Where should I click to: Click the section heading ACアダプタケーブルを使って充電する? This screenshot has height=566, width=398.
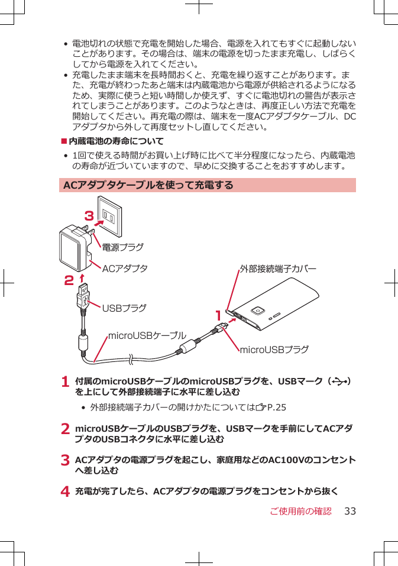coord(148,186)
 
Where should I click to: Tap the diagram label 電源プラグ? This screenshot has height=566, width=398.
coord(122,246)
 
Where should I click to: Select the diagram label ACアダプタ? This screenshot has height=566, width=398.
coord(125,269)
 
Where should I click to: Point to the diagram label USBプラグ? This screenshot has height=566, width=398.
coord(124,308)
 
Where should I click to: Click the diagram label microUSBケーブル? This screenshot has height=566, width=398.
coord(147,336)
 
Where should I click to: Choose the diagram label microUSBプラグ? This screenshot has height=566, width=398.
coord(274,350)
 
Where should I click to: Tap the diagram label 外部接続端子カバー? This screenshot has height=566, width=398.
coord(277,269)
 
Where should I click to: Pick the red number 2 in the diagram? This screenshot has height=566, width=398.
coord(70,278)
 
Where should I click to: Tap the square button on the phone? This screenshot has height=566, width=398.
coord(257,311)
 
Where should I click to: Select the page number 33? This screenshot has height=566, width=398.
coord(350,511)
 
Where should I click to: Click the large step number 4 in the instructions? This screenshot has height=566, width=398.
coord(66,492)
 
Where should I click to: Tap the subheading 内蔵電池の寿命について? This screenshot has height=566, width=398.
coord(116,141)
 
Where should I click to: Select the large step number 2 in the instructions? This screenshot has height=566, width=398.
coord(66,429)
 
